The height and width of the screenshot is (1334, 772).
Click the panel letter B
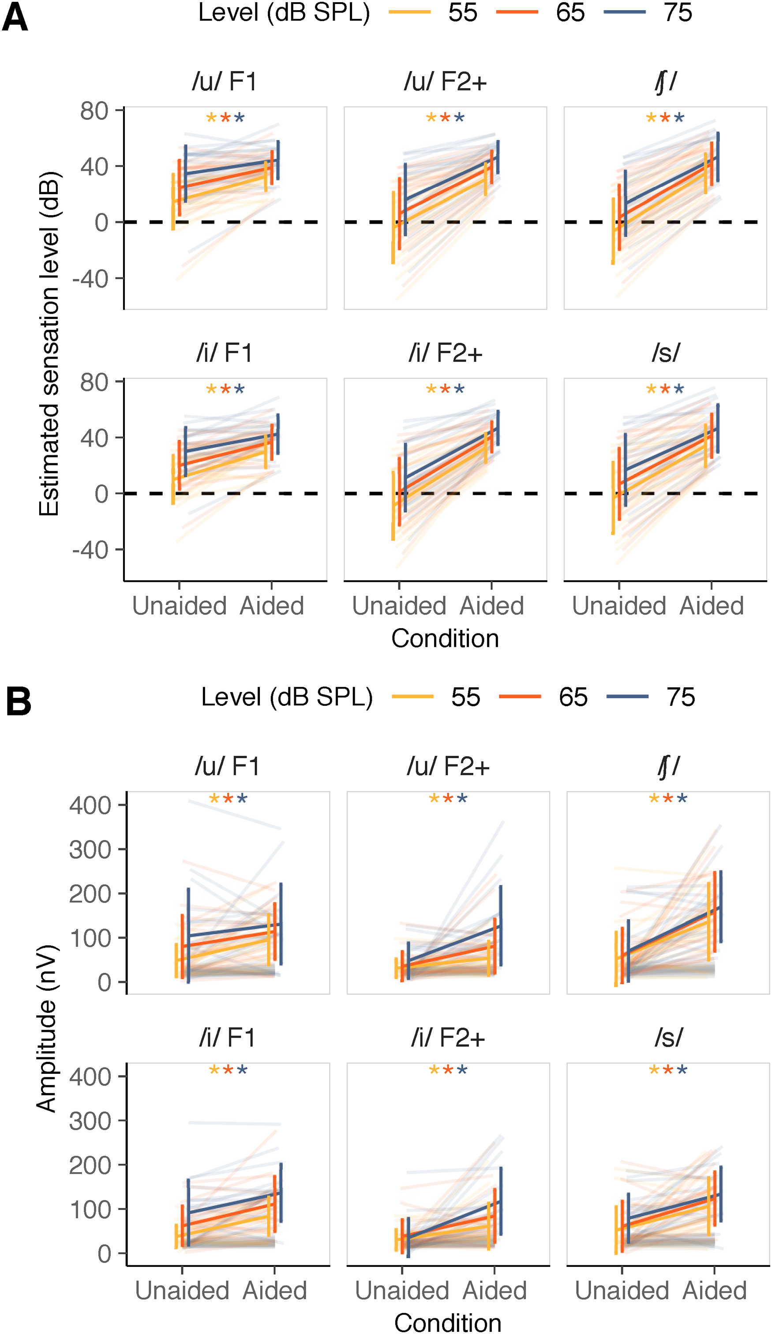pyautogui.click(x=18, y=701)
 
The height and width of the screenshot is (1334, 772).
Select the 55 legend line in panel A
pyautogui.click(x=410, y=11)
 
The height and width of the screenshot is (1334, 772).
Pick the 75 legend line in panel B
pyautogui.click(x=627, y=697)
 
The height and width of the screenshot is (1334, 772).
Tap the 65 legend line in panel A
pyautogui.click(x=517, y=11)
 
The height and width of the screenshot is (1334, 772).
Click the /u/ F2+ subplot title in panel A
pyautogui.click(x=445, y=82)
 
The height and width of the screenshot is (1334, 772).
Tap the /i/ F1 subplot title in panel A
pyautogui.click(x=225, y=352)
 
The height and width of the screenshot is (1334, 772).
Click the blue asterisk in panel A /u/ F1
pyautogui.click(x=240, y=117)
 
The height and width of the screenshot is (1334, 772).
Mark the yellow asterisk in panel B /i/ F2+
pyautogui.click(x=434, y=1070)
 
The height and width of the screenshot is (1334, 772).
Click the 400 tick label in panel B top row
pyautogui.click(x=90, y=806)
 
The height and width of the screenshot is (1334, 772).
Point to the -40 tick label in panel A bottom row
pyautogui.click(x=90, y=550)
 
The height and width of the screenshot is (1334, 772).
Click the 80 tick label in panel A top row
pyautogui.click(x=94, y=111)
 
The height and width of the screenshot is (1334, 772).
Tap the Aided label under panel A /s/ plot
pyautogui.click(x=712, y=606)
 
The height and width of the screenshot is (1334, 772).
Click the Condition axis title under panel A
pyautogui.click(x=445, y=638)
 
